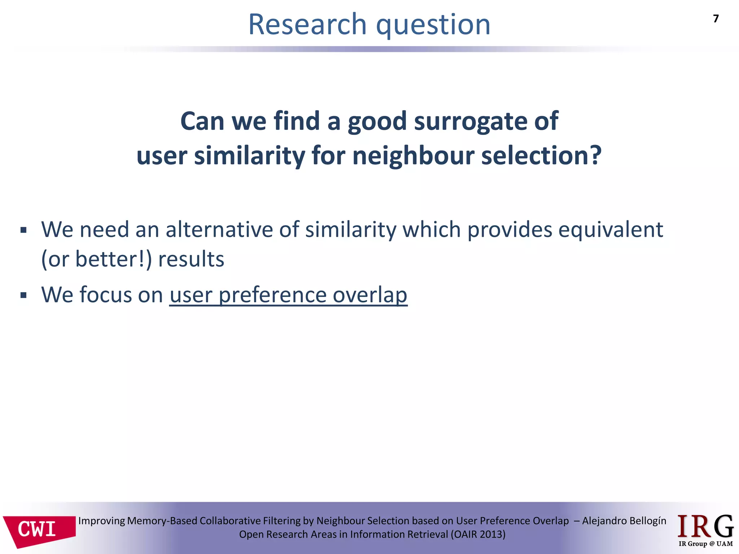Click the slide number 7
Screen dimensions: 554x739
click(x=716, y=19)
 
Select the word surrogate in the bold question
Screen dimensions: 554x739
click(x=471, y=121)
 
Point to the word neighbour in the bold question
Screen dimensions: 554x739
click(x=413, y=156)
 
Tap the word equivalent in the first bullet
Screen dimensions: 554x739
click(x=611, y=229)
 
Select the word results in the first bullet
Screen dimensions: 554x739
click(x=191, y=259)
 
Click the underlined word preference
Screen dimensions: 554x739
click(x=272, y=295)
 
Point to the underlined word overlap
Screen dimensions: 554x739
click(x=370, y=295)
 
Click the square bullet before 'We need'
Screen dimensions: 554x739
click(x=24, y=230)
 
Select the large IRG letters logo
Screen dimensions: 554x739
click(x=705, y=527)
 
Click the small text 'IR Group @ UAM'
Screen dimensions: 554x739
click(x=705, y=544)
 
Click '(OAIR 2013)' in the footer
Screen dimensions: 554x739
click(x=478, y=534)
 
